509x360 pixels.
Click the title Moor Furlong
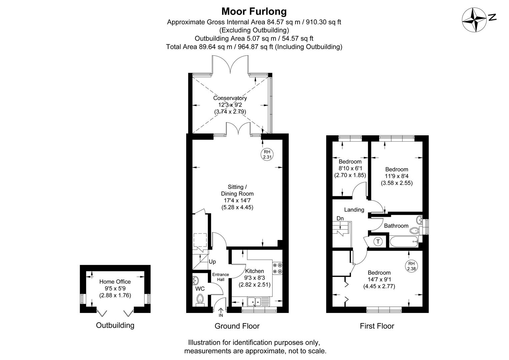(254, 12)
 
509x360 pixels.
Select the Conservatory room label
(230, 98)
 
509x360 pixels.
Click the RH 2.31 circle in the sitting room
(267, 154)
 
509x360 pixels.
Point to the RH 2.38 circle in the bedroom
(411, 265)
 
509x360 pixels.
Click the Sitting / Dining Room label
(237, 190)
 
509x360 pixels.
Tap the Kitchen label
(255, 271)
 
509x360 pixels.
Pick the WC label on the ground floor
(200, 288)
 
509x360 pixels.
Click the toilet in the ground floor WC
(200, 299)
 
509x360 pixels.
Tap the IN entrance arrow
(220, 313)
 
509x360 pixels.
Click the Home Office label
(115, 282)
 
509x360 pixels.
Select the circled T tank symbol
(378, 241)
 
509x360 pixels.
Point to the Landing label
(354, 210)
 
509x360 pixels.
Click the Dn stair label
(340, 218)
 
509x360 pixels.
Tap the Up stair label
(212, 262)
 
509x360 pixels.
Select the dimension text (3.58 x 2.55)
(397, 183)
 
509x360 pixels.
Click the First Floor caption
(377, 326)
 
